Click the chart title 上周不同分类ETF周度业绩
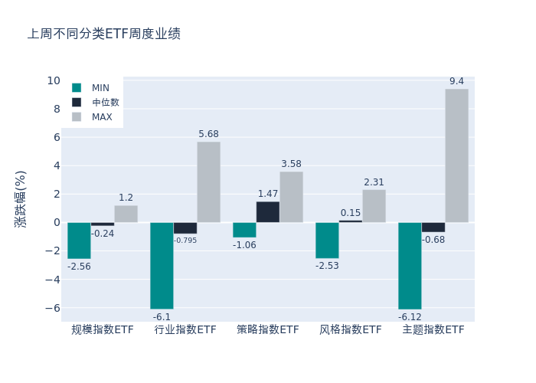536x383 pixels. click(x=104, y=34)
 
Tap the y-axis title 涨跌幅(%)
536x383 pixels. click(x=21, y=198)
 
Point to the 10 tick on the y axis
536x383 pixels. click(x=54, y=80)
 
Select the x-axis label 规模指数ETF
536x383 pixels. click(x=103, y=329)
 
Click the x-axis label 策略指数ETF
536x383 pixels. click(x=268, y=329)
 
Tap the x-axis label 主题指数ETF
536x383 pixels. click(x=433, y=329)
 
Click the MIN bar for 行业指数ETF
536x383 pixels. click(x=162, y=266)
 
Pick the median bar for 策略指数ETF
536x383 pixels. click(x=268, y=212)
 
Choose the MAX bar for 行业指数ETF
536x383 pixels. click(x=208, y=182)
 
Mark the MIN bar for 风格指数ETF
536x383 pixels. click(x=327, y=241)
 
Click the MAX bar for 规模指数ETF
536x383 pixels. click(x=126, y=214)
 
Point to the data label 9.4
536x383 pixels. click(x=456, y=81)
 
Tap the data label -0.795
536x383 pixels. click(x=185, y=241)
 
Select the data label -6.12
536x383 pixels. click(x=410, y=317)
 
